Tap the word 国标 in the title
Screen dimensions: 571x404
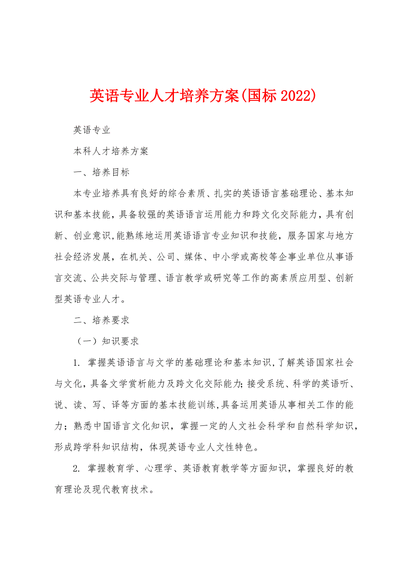[x=261, y=96]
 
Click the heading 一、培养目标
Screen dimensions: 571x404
[x=101, y=172]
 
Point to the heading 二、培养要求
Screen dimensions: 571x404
[x=101, y=321]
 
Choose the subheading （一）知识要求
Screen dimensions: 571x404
[x=105, y=342]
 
